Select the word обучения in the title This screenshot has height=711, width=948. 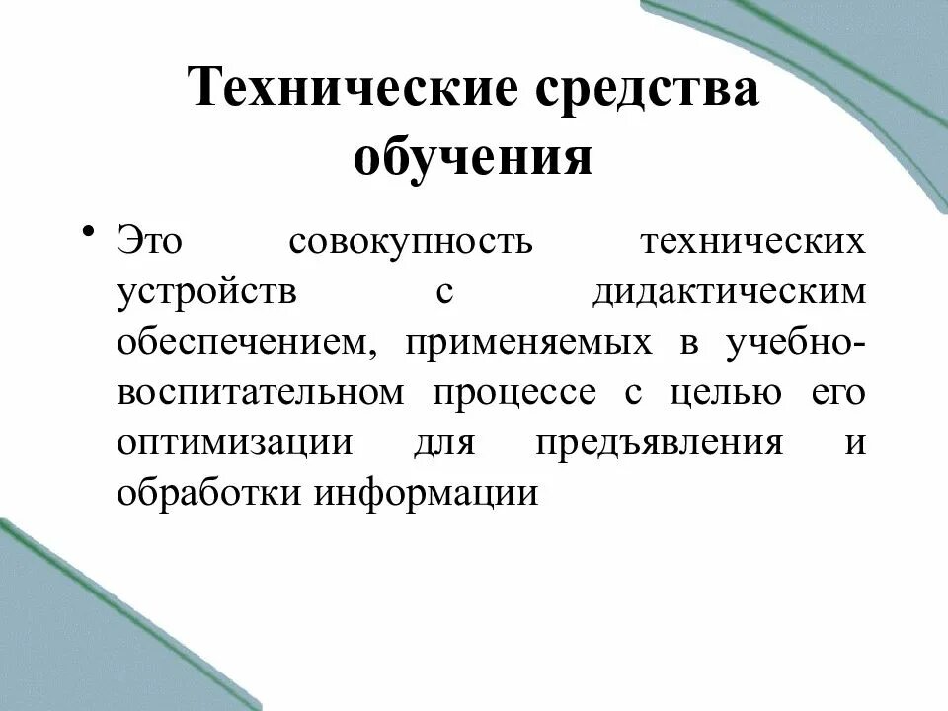click(x=474, y=159)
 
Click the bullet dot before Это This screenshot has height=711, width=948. click(x=89, y=232)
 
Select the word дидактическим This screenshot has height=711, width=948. click(x=730, y=293)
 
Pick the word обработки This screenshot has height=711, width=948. click(x=208, y=491)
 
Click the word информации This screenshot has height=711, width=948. click(x=427, y=491)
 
